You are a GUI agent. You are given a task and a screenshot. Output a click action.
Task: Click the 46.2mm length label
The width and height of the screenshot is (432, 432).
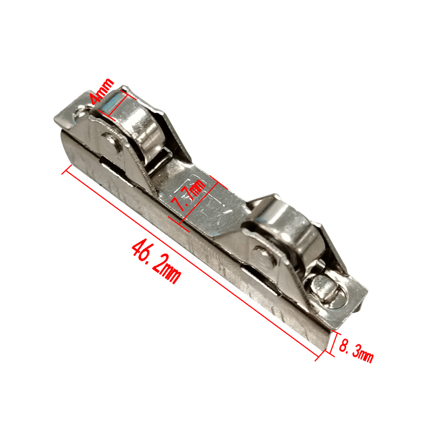point(156,261)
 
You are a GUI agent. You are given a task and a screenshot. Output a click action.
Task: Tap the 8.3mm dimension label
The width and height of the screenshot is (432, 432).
point(356,350)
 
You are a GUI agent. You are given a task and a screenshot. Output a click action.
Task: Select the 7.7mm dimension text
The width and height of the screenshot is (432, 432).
point(188,195)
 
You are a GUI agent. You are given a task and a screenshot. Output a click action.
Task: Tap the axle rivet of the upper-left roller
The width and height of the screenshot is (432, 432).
point(110,142)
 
